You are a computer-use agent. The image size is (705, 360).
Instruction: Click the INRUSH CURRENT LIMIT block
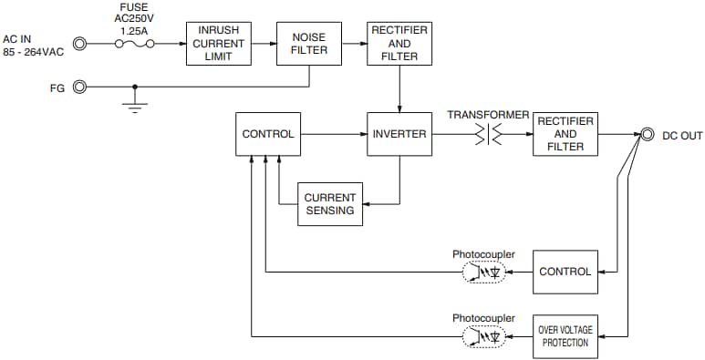tap(218, 43)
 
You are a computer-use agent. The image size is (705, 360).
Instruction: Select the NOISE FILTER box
tap(309, 43)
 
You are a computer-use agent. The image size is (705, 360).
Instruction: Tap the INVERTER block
tap(399, 134)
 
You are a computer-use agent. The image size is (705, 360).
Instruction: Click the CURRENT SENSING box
tap(330, 204)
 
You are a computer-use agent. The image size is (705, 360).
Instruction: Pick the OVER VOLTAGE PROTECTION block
tap(565, 336)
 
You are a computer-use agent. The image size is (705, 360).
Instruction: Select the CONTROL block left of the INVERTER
tap(268, 134)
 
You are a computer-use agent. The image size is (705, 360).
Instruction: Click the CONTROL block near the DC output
tap(565, 272)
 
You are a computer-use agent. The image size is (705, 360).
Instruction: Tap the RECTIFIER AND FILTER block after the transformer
tap(565, 134)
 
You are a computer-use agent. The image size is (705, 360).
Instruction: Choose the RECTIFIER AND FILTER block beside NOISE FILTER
tap(399, 43)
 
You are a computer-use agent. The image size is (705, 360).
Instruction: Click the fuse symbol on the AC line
tap(133, 43)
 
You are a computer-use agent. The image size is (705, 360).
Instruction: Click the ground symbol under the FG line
tap(135, 106)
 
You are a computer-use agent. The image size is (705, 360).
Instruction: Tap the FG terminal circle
tap(80, 87)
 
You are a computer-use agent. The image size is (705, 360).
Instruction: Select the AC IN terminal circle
tap(80, 43)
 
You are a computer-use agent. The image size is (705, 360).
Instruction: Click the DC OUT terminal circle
tap(647, 134)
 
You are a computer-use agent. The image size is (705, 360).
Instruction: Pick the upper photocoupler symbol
tap(484, 272)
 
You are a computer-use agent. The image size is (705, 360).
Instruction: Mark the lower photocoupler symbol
tap(484, 336)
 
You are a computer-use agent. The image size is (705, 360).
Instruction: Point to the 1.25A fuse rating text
tap(133, 29)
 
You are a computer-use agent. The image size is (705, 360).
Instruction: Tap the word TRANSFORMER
tap(488, 115)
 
